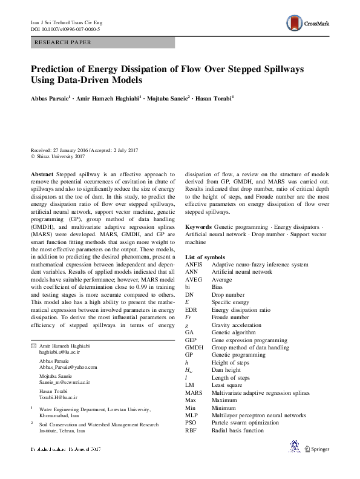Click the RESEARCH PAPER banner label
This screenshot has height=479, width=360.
point(64,42)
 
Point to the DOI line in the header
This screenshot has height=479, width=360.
point(65,28)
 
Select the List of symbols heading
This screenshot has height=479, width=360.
point(205,257)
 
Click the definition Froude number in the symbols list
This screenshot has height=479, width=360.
point(230,317)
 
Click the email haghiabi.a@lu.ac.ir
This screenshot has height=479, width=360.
point(59,351)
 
